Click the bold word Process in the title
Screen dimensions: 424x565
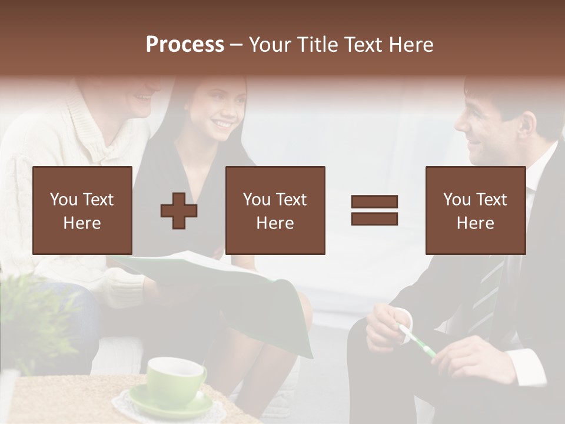coord(185,45)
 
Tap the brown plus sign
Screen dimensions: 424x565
coord(179,210)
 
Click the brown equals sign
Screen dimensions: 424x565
coord(374,210)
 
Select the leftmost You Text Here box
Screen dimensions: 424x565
coord(82,210)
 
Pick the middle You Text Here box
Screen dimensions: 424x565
coord(275,210)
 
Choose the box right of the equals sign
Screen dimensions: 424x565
coord(475,210)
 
